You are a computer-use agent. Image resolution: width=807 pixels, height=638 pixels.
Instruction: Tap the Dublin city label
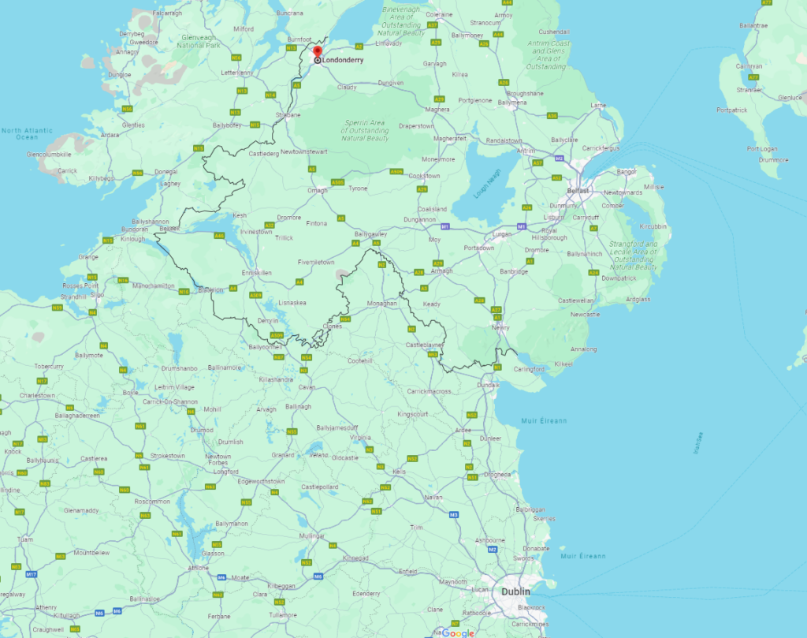tap(516, 591)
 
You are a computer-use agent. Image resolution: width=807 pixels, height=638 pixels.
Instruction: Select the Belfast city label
tap(577, 191)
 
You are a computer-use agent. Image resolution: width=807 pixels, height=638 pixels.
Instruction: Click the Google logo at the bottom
tap(458, 632)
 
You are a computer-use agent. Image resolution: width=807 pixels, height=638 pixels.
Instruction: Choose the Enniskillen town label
tap(257, 272)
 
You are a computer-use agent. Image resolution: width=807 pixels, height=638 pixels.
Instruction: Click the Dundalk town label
tap(489, 385)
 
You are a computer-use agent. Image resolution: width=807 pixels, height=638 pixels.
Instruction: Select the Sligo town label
tap(97, 293)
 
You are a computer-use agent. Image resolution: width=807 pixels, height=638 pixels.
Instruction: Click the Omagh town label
tap(317, 189)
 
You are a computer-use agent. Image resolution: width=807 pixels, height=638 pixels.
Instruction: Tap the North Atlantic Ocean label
tap(27, 134)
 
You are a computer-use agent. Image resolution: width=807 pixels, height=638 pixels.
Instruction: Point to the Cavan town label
tap(307, 387)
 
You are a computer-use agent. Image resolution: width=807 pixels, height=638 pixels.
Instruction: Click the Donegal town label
tap(165, 171)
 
